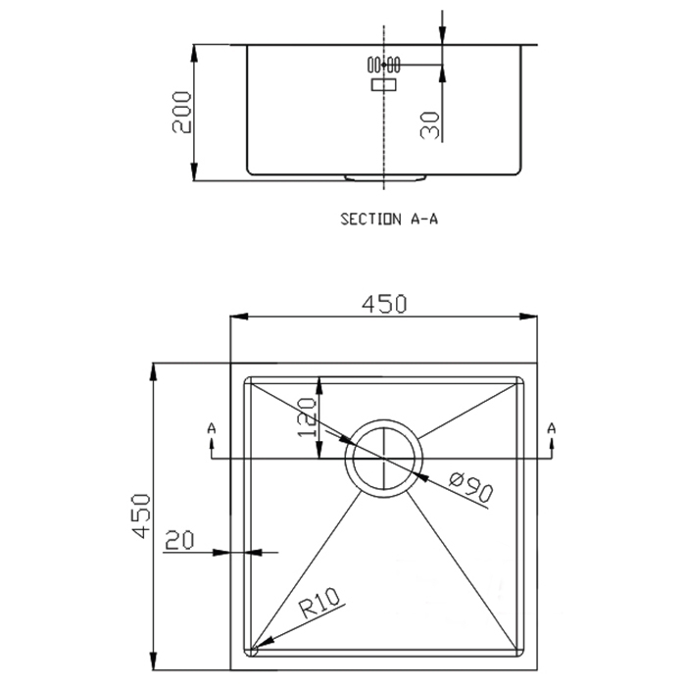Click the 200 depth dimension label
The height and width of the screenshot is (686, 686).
pyautogui.click(x=181, y=112)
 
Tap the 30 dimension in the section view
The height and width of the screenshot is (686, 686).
pyautogui.click(x=429, y=125)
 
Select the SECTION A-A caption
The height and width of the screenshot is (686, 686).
pyautogui.click(x=389, y=219)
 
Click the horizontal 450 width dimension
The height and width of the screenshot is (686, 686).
pyautogui.click(x=384, y=304)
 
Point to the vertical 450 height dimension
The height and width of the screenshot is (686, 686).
pyautogui.click(x=141, y=515)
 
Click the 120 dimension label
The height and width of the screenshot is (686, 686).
pyautogui.click(x=306, y=417)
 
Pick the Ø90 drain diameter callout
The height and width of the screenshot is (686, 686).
pyautogui.click(x=471, y=486)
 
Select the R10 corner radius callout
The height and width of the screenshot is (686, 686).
pyautogui.click(x=319, y=604)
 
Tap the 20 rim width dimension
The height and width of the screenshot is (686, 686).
pyautogui.click(x=179, y=540)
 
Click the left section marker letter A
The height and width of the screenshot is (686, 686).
pyautogui.click(x=212, y=428)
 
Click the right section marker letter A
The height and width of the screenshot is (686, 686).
pyautogui.click(x=551, y=428)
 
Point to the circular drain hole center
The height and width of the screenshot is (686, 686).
pyautogui.click(x=384, y=458)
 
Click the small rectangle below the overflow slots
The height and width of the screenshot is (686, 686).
pyautogui.click(x=384, y=84)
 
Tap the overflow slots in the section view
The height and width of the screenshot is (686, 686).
pyautogui.click(x=384, y=65)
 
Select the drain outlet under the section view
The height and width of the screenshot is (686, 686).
pyautogui.click(x=385, y=177)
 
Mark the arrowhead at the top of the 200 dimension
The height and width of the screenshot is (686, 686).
pyautogui.click(x=194, y=53)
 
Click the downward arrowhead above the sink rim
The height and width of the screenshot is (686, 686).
pyautogui.click(x=442, y=35)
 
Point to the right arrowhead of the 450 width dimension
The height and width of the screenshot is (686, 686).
pyautogui.click(x=528, y=317)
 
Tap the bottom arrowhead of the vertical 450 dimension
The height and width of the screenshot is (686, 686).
pyautogui.click(x=153, y=661)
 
